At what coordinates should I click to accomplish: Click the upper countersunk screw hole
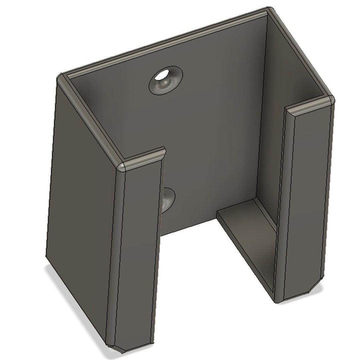pos(166,80)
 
